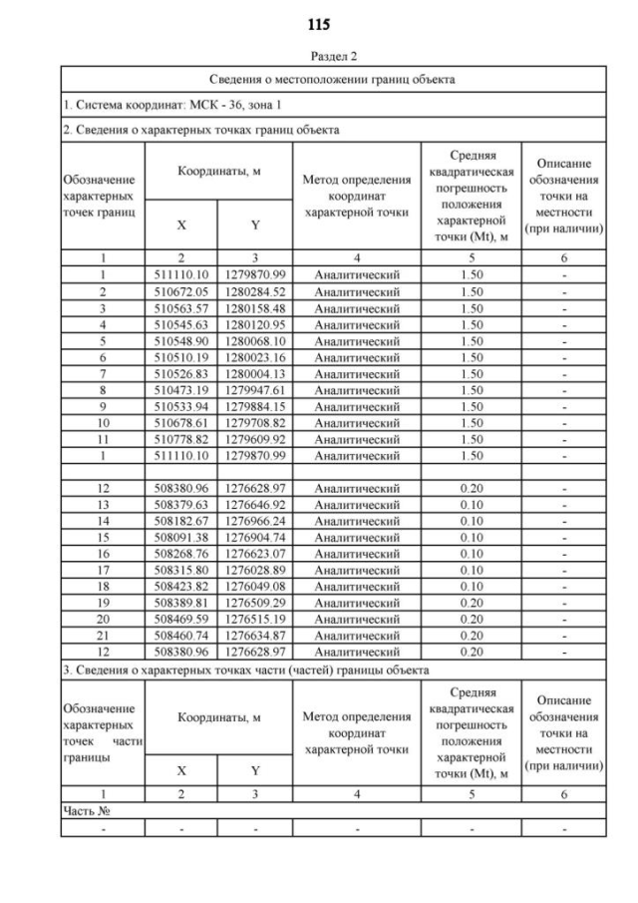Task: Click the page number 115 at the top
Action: (319, 24)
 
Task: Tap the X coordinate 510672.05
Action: (181, 291)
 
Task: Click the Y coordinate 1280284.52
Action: (255, 291)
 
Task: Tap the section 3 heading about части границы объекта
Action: (245, 670)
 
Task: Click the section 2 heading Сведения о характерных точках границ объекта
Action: (200, 130)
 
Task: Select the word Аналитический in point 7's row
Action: (357, 373)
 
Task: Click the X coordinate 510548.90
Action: (181, 340)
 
